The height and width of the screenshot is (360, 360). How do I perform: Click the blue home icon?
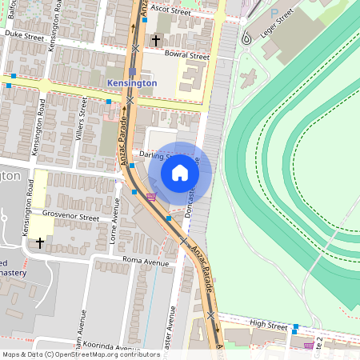tap(180, 172)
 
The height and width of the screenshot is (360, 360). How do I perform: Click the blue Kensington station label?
tap(132, 82)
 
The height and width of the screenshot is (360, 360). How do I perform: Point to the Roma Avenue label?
tap(146, 262)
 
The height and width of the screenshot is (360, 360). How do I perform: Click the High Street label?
tap(268, 323)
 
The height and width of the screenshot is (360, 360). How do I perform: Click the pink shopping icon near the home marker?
tap(150, 196)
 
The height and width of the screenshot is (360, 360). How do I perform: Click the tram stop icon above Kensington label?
tap(133, 70)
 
